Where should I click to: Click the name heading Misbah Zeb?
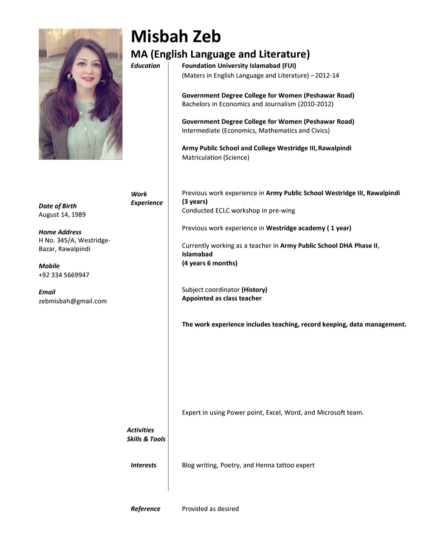[176, 36]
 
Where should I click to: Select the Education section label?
[145, 66]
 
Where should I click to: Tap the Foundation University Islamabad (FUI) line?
[239, 66]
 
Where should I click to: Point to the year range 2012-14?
[327, 75]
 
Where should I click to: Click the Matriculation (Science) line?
[216, 157]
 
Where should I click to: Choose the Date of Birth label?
[58, 206]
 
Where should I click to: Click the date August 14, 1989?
[62, 215]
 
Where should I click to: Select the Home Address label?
[60, 232]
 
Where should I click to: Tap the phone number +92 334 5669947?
[64, 275]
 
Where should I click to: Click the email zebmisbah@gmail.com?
[73, 301]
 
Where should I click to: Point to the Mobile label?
[49, 266]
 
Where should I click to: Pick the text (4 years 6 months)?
[209, 263]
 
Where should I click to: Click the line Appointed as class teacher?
[222, 298]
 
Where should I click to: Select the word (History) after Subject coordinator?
[254, 290]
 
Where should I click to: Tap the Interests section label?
[143, 465]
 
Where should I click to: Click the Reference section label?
[145, 509]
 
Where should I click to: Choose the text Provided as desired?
[210, 509]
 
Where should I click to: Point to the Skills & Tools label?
[146, 439]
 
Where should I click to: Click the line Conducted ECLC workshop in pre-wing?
[238, 211]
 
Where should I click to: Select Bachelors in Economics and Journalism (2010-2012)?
[258, 104]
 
